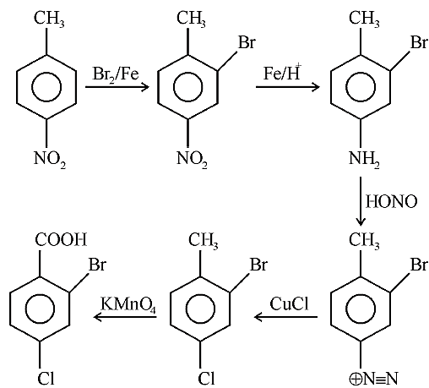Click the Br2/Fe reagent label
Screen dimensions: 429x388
click(116, 74)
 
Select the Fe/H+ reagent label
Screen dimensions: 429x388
click(282, 73)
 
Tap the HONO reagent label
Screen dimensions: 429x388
click(391, 202)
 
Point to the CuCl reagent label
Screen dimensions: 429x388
click(290, 304)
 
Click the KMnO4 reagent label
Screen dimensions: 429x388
click(128, 305)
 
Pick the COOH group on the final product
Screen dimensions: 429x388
click(61, 240)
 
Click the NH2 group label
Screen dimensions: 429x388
click(364, 159)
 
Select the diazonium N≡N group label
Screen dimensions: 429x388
click(373, 379)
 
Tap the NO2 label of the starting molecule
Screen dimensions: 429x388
click(50, 159)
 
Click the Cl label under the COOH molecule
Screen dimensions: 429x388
click(46, 378)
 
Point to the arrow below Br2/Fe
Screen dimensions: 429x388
click(117, 87)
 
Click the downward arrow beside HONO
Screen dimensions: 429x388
click(361, 201)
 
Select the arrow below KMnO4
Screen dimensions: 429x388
click(125, 317)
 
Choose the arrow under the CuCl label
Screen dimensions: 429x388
click(285, 317)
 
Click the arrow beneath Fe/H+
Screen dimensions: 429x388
click(287, 87)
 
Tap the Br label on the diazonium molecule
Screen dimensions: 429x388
click(419, 265)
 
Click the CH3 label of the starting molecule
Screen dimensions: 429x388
click(49, 19)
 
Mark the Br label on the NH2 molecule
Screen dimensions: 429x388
click(419, 42)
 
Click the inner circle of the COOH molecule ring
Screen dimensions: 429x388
click(40, 309)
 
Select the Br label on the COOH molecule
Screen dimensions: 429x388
click(97, 265)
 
